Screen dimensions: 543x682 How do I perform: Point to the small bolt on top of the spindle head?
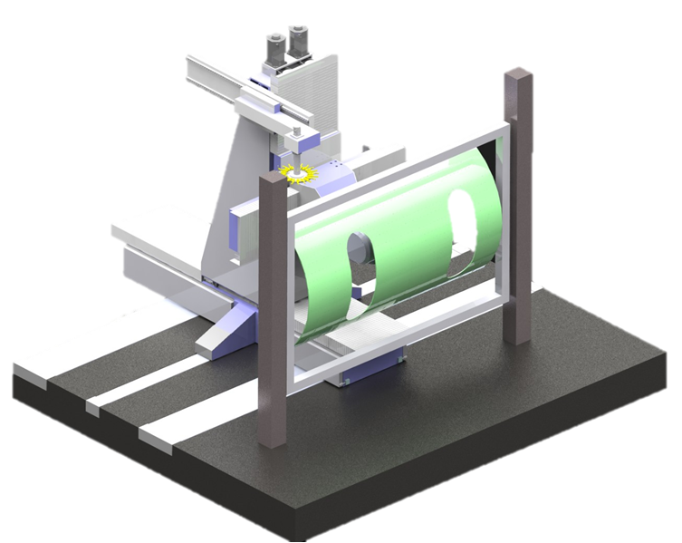[x=296, y=133]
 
